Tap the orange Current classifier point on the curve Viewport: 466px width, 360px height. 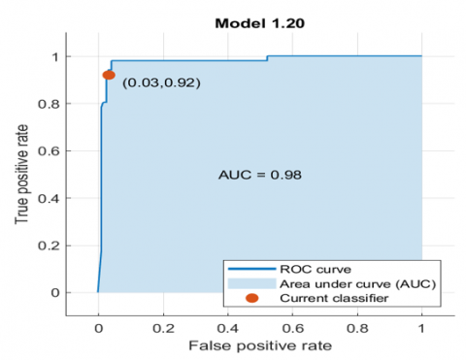point(109,75)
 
